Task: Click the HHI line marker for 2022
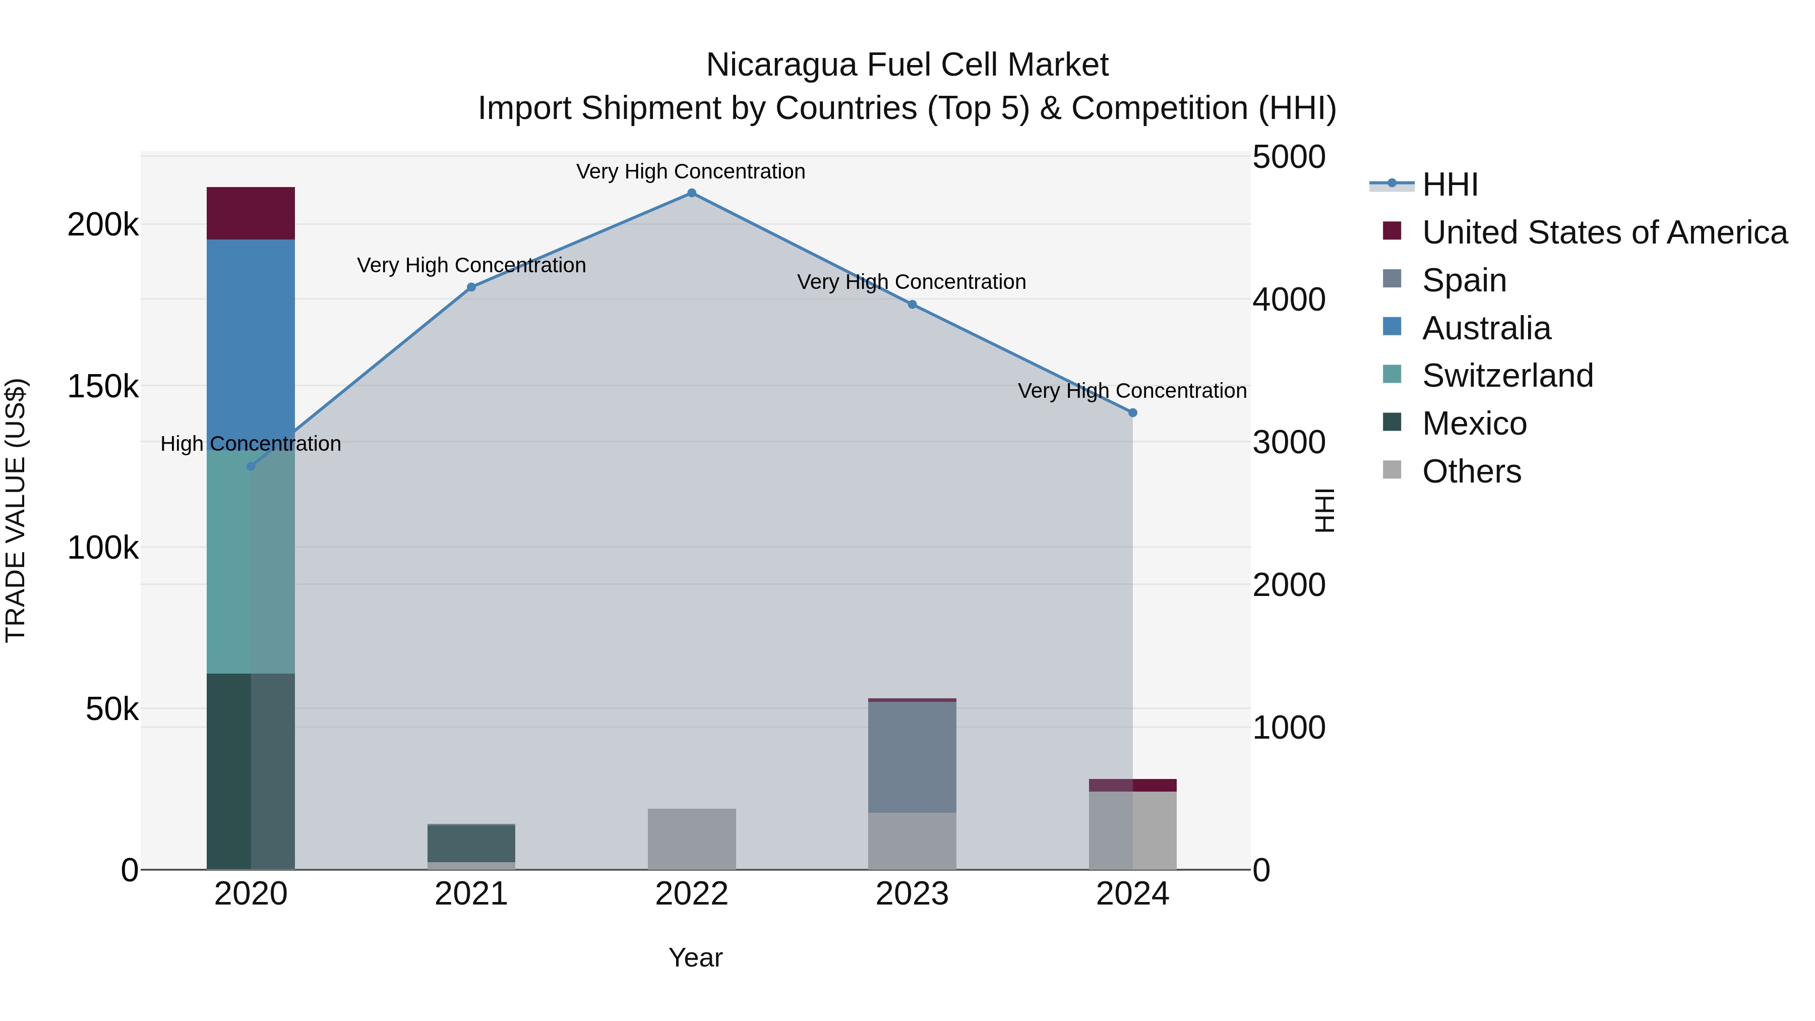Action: point(691,193)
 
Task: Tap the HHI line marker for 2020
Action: point(251,466)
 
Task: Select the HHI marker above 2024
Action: point(1132,413)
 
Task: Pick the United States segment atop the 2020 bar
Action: point(251,213)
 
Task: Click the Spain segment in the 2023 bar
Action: point(912,757)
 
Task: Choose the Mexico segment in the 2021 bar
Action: point(471,844)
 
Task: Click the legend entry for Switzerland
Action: point(1507,376)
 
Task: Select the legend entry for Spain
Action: point(1464,280)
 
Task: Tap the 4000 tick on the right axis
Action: point(1289,299)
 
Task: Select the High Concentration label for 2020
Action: point(251,444)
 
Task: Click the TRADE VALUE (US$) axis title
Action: point(16,511)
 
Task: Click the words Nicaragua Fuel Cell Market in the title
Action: point(907,65)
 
